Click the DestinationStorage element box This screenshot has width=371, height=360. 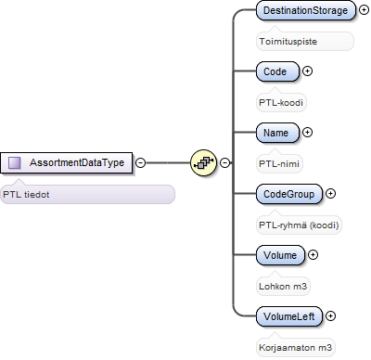[x=306, y=10]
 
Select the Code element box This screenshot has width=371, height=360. [x=277, y=71]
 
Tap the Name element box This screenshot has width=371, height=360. [x=277, y=133]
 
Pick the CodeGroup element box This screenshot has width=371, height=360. [x=289, y=194]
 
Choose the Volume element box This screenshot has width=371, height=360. [x=280, y=255]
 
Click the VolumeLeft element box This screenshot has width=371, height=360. [x=289, y=316]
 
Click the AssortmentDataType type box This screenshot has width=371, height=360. [x=66, y=162]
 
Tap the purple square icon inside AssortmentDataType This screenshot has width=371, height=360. [x=15, y=162]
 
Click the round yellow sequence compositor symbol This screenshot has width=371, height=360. [x=203, y=162]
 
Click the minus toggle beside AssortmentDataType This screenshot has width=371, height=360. [x=141, y=162]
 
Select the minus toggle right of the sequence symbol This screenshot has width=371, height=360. [x=224, y=162]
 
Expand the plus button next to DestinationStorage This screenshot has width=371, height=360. [x=364, y=10]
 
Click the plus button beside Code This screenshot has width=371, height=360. [x=307, y=71]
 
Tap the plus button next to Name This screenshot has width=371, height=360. [x=307, y=133]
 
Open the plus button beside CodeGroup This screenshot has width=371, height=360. [x=330, y=194]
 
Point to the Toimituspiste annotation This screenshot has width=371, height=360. [x=288, y=42]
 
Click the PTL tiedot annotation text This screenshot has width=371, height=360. [x=26, y=195]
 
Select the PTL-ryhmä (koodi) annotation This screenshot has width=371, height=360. [x=299, y=225]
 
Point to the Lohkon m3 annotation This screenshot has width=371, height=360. [x=283, y=287]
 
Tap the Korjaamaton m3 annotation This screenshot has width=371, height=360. [x=295, y=348]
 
